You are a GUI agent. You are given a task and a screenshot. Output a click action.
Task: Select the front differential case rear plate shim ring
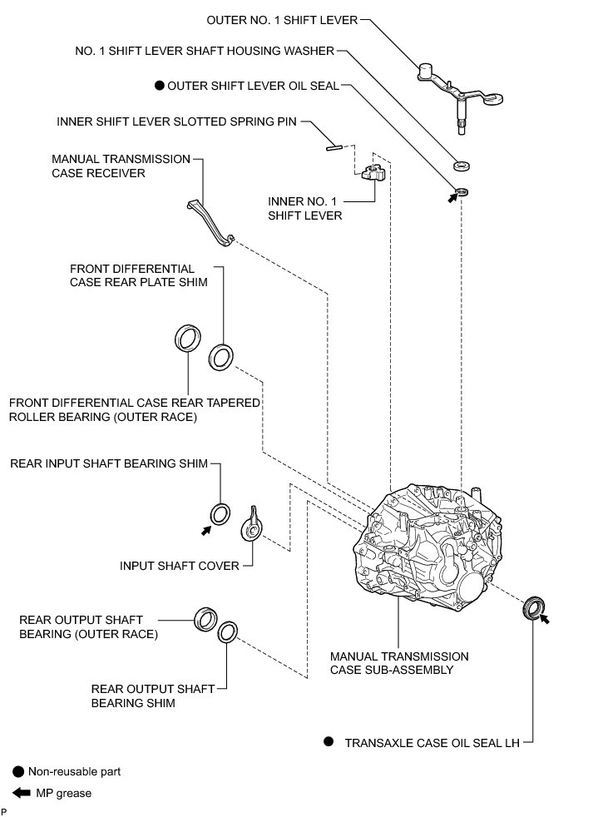click(x=220, y=356)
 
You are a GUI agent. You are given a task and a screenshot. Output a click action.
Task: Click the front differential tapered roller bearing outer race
click(x=187, y=339)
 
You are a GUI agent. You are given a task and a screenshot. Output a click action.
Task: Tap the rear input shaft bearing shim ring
click(x=220, y=514)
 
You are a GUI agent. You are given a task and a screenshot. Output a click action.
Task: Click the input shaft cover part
click(x=253, y=525)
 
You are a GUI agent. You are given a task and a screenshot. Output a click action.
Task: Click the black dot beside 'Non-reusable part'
click(x=17, y=771)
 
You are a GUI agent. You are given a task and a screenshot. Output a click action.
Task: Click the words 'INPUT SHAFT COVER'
click(x=180, y=566)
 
